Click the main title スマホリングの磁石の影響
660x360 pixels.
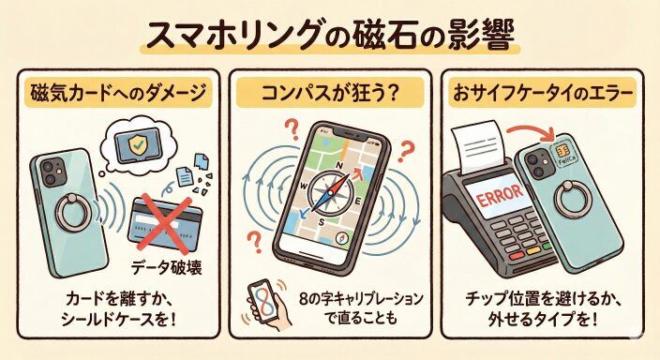(x=330, y=37)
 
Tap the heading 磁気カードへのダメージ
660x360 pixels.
(x=118, y=94)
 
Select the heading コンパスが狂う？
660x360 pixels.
(x=330, y=94)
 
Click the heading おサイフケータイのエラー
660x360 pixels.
(x=543, y=94)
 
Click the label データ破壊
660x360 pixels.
(x=167, y=268)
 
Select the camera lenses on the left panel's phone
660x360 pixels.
(x=51, y=173)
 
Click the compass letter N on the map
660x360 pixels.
(x=338, y=166)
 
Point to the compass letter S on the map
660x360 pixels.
(x=322, y=223)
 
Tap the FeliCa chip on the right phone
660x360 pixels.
(x=561, y=154)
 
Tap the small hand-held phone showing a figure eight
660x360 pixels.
(x=262, y=301)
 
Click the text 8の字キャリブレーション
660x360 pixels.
(x=361, y=299)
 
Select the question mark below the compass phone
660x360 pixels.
(x=253, y=242)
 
